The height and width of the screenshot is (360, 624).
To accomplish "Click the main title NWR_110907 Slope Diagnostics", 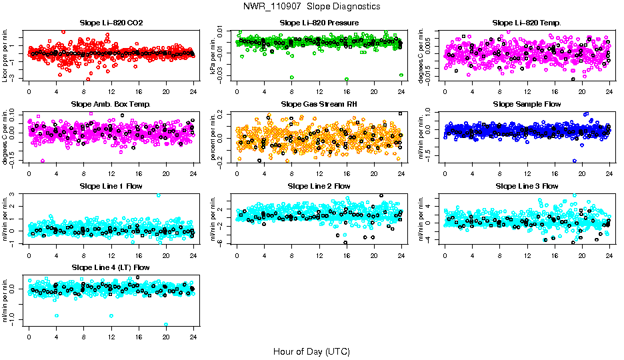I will click(312, 6).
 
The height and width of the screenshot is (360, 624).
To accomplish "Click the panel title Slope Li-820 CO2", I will click(111, 23).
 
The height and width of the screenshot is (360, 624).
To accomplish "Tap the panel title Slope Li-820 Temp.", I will click(527, 23).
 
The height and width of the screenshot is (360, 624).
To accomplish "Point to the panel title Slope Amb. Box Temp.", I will click(111, 104).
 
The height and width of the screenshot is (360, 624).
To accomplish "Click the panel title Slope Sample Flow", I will click(527, 104).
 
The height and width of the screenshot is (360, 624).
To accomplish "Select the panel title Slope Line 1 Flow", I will click(111, 185).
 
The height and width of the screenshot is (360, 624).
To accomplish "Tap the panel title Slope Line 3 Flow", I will click(527, 185).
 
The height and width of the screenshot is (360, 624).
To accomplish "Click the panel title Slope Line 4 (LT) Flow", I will click(111, 267).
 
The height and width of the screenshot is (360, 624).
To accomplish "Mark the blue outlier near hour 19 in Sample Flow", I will click(574, 161).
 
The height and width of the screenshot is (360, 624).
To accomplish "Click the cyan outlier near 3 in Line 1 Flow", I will click(158, 195).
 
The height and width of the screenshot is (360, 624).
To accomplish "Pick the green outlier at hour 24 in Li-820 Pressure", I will click(401, 75).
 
